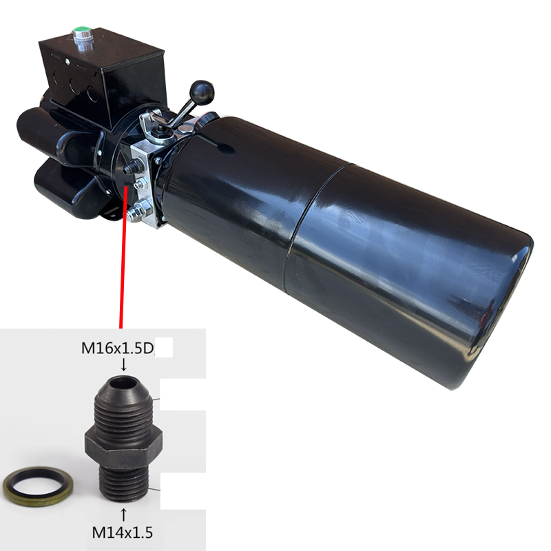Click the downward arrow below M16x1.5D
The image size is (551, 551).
click(x=123, y=364)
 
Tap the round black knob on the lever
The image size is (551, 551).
click(x=202, y=90)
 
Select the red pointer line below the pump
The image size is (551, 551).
click(x=123, y=262)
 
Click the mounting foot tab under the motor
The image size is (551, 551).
click(x=110, y=214)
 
